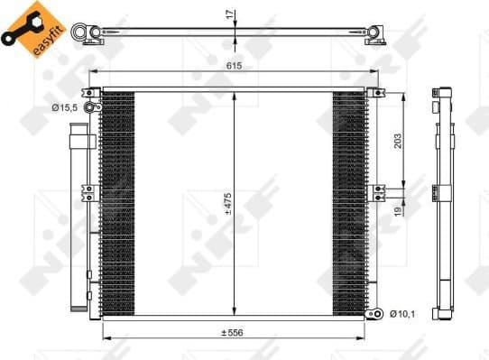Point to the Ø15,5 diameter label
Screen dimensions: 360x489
pyautogui.click(x=64, y=108)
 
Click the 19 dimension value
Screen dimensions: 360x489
pyautogui.click(x=398, y=211)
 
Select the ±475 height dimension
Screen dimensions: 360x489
pyautogui.click(x=228, y=206)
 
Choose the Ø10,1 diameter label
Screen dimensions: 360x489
pyautogui.click(x=402, y=313)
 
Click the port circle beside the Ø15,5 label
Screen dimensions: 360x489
pyautogui.click(x=90, y=108)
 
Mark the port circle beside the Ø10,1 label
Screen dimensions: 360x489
pyautogui.click(x=377, y=313)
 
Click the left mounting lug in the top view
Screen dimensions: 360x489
pyautogui.click(x=93, y=34)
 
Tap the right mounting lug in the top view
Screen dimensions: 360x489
pyautogui.click(x=375, y=34)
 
